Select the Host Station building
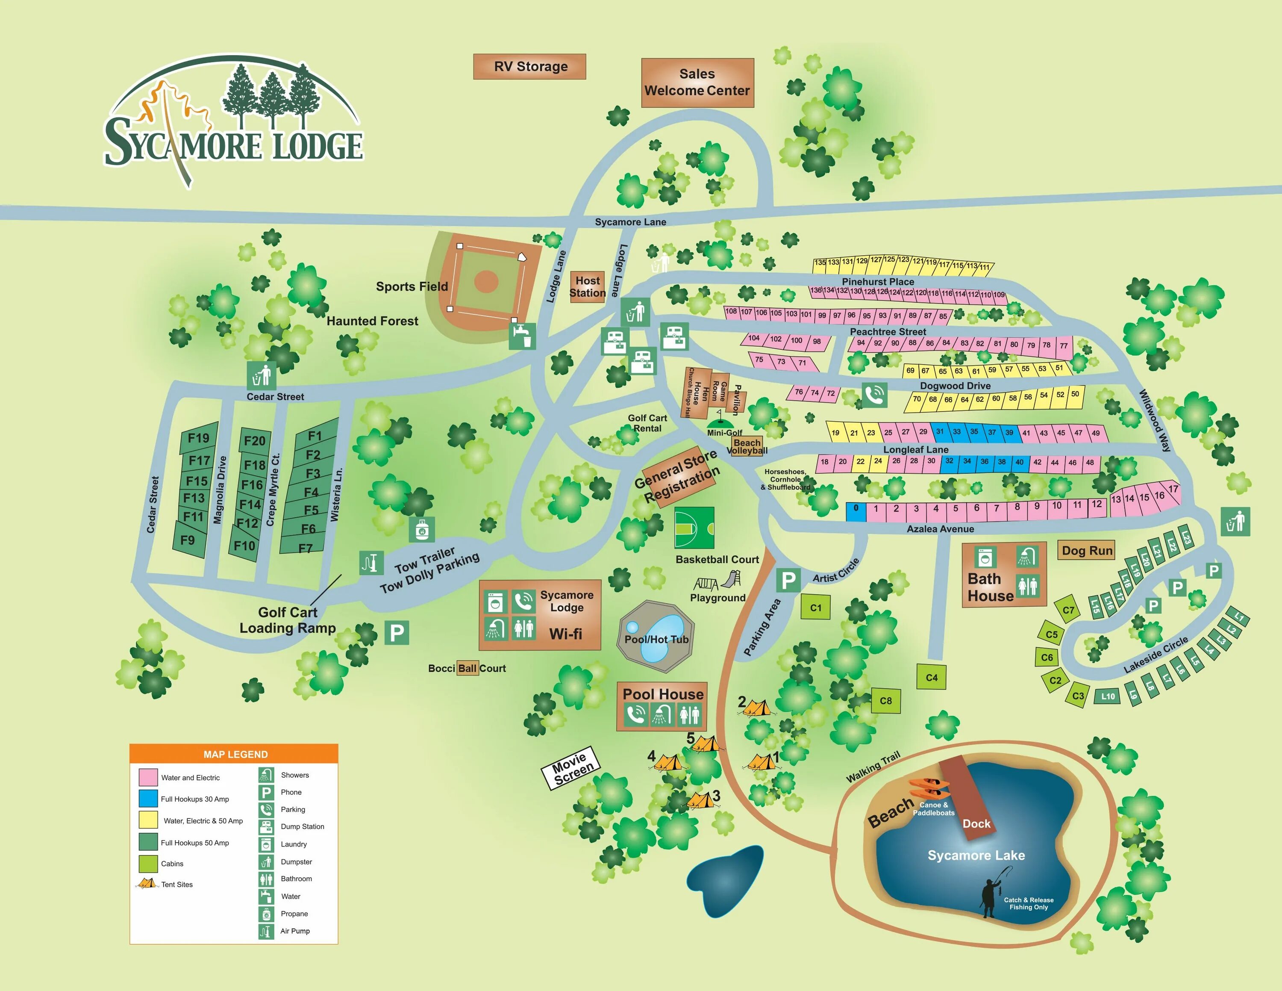(587, 287)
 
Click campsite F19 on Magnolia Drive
(198, 438)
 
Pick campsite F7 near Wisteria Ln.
(305, 548)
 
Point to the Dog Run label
(1087, 550)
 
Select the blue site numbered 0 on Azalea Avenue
(856, 510)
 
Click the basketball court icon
(694, 528)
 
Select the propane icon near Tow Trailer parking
(421, 530)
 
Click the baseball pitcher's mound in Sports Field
(485, 282)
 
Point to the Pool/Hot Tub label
(656, 639)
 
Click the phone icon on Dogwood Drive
(874, 395)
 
